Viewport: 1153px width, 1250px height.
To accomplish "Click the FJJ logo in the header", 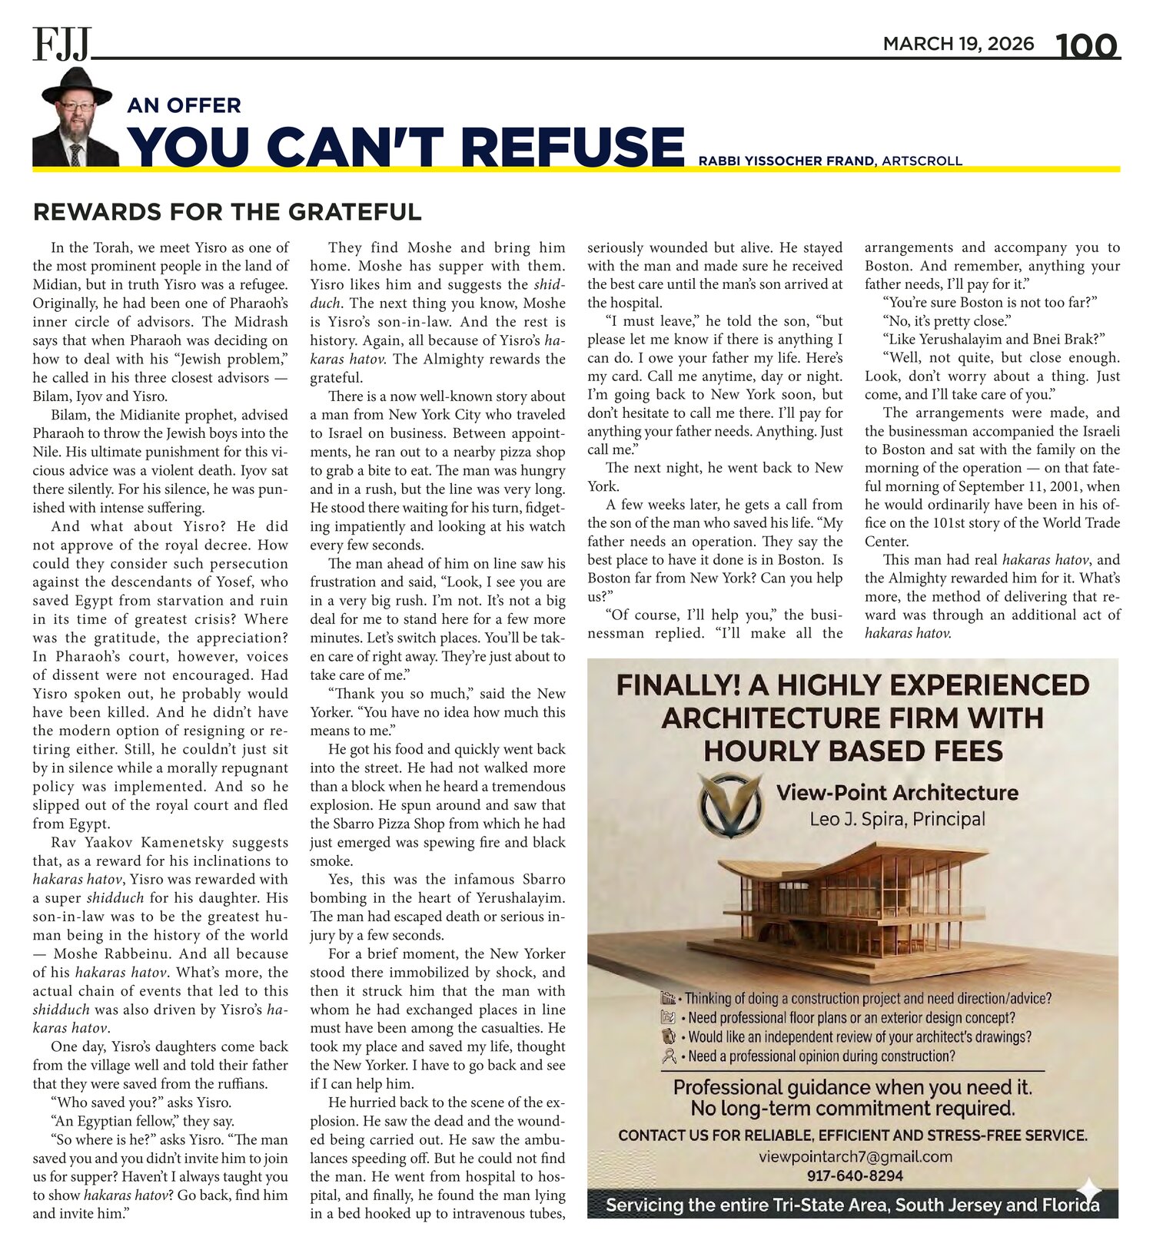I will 61,44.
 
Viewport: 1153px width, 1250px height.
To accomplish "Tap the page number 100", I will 1085,46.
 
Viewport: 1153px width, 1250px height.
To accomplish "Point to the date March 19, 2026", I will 958,44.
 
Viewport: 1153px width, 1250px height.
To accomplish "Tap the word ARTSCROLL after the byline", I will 922,161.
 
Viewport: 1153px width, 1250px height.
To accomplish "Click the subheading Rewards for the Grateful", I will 228,212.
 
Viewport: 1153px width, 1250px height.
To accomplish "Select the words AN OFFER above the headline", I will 184,105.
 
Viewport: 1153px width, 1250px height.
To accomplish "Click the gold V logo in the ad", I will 730,805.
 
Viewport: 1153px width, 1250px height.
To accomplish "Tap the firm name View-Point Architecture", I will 897,793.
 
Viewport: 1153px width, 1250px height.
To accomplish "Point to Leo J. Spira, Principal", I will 897,819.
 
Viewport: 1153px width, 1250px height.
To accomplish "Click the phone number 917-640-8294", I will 855,1175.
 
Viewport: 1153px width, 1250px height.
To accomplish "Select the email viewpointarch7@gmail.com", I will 855,1156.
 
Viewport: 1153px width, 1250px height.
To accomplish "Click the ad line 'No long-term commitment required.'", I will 852,1109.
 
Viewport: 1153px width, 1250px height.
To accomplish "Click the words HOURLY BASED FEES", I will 852,751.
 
